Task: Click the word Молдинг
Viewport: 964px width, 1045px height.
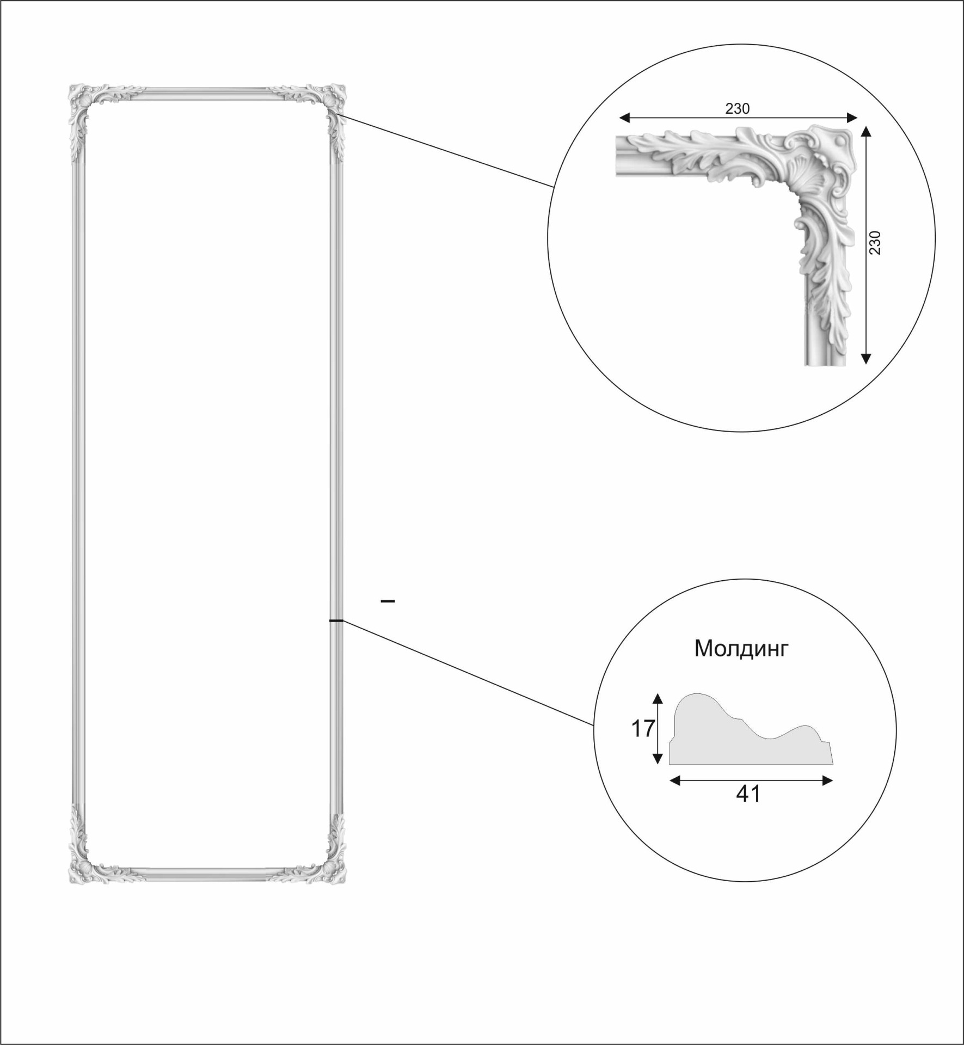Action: (x=741, y=648)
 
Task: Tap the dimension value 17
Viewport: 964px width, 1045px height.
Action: (x=643, y=729)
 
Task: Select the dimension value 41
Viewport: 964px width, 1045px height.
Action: (x=748, y=794)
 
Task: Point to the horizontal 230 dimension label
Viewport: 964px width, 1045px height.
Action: (x=737, y=109)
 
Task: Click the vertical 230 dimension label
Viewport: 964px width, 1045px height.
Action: (x=874, y=243)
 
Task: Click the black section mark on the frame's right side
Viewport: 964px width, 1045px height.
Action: (x=336, y=620)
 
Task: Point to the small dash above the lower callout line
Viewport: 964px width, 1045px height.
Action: (x=388, y=601)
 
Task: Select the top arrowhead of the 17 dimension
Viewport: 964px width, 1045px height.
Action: (x=658, y=699)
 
